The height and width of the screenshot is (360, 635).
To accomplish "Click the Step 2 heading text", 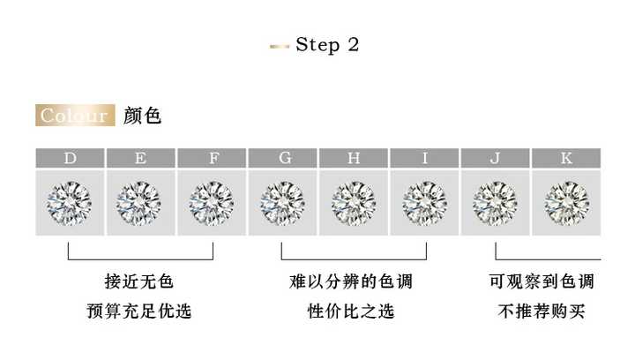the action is (x=327, y=45).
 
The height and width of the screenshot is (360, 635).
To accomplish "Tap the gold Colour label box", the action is (x=75, y=116).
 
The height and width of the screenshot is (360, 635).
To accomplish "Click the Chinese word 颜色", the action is (x=143, y=116).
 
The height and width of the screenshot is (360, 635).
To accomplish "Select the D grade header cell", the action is (x=70, y=159).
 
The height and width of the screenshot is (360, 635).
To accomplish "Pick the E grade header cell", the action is (x=141, y=159).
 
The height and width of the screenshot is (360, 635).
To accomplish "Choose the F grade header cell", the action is (x=213, y=159).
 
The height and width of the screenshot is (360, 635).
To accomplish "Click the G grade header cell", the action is (x=283, y=159).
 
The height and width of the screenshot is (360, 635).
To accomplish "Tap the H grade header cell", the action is (x=354, y=159).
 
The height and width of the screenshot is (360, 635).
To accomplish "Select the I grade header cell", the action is (x=424, y=159).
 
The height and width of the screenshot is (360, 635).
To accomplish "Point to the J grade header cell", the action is (x=495, y=159).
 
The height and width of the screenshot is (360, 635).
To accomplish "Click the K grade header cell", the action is (x=566, y=159).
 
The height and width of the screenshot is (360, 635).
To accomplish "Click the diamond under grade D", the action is (x=70, y=203).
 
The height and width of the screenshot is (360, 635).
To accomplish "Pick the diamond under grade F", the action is (x=213, y=203).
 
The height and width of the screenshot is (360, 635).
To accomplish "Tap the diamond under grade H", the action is (x=354, y=203).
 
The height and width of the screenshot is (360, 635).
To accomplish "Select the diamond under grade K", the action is (x=566, y=203).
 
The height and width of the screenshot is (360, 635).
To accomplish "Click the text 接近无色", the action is (x=139, y=282).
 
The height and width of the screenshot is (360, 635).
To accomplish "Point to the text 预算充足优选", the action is (x=139, y=311).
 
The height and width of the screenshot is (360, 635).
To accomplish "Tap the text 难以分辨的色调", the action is (x=351, y=282).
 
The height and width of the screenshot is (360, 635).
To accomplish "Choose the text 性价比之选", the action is (x=351, y=311).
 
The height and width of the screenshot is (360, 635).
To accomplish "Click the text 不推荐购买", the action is (x=542, y=311).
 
